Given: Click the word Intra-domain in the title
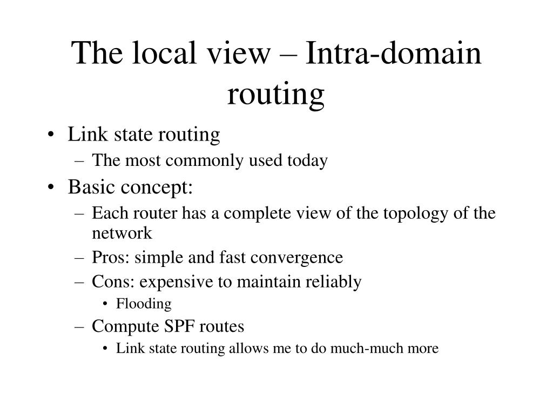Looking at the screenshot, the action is (393, 54).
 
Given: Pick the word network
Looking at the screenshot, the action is (122, 233).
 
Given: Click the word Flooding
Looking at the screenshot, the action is (144, 304).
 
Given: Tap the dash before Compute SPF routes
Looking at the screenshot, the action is (81, 327).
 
